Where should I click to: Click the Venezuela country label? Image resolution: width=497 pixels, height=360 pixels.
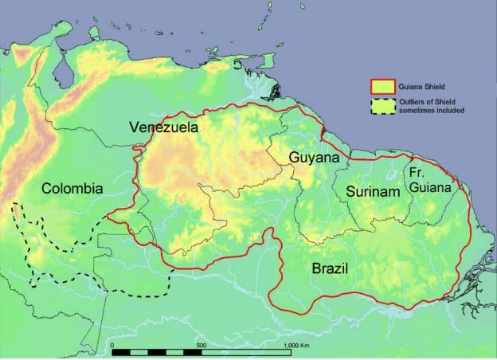165,127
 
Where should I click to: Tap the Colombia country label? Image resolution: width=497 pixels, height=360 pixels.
72,189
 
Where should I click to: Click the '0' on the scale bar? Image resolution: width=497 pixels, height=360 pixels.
113,345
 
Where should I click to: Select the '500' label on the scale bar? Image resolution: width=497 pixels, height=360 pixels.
202,345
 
